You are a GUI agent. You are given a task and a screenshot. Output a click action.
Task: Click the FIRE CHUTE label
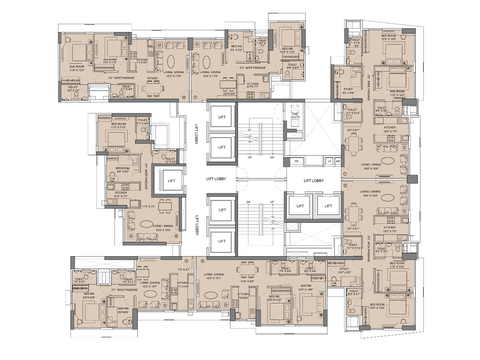click(x=295, y=115)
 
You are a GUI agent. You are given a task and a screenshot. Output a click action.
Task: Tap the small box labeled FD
click(x=296, y=161)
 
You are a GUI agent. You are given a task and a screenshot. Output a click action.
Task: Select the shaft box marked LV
click(x=330, y=161)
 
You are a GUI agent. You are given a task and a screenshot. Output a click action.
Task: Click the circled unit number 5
click(x=176, y=236)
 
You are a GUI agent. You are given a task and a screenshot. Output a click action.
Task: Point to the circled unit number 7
click(x=195, y=97)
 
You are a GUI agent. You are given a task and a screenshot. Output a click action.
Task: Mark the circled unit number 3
click(x=202, y=261)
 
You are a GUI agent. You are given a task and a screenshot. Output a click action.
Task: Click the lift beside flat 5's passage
click(x=171, y=181)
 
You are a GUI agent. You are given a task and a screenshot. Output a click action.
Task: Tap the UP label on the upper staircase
click(x=250, y=157)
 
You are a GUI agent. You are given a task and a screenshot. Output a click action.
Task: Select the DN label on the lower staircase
click(x=248, y=202)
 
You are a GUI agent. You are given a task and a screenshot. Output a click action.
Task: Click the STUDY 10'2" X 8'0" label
click(x=344, y=271)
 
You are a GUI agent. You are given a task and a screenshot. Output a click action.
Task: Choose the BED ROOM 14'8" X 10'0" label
click(x=77, y=68)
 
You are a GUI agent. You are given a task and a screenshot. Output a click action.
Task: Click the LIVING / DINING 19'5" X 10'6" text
click(x=370, y=193)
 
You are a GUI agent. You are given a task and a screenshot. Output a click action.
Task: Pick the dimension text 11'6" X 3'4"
click(x=149, y=206)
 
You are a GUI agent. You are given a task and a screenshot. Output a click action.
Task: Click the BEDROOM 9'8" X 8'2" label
click(x=122, y=170)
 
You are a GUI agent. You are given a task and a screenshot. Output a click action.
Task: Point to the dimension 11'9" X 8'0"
click(x=247, y=281)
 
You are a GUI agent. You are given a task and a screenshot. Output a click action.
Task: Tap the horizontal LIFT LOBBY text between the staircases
click(x=216, y=179)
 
